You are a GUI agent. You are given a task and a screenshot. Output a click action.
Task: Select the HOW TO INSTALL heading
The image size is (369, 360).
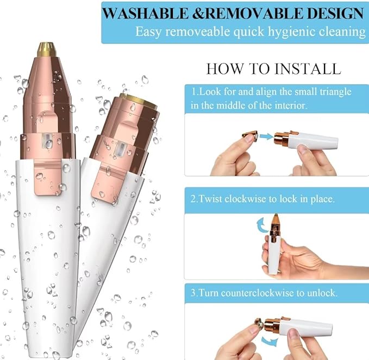click(273, 69)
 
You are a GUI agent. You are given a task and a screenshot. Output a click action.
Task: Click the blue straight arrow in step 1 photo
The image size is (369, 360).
click(266, 137)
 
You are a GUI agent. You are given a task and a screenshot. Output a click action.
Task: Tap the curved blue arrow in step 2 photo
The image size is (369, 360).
click(259, 224)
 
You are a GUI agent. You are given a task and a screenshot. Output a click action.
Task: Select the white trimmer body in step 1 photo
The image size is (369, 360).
click(315, 142)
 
